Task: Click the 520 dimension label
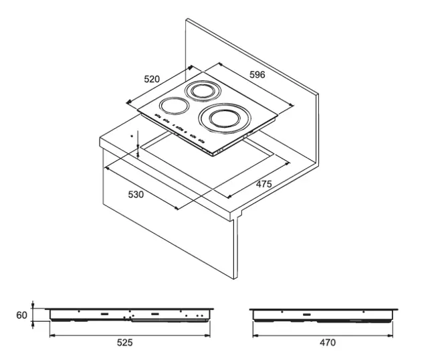tap(152, 79)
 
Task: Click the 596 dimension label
tap(257, 74)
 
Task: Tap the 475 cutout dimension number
tap(263, 184)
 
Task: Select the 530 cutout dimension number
tap(136, 195)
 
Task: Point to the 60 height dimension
tap(21, 315)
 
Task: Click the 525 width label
tap(125, 343)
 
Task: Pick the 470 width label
tap(328, 343)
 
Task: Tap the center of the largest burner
tap(225, 118)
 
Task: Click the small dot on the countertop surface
tap(132, 136)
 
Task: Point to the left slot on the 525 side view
tap(104, 314)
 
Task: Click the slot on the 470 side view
tap(307, 314)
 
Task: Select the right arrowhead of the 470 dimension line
tap(390, 335)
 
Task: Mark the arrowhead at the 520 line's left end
tap(129, 102)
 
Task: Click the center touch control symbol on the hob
tap(179, 128)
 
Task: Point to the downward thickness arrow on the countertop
tap(138, 139)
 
